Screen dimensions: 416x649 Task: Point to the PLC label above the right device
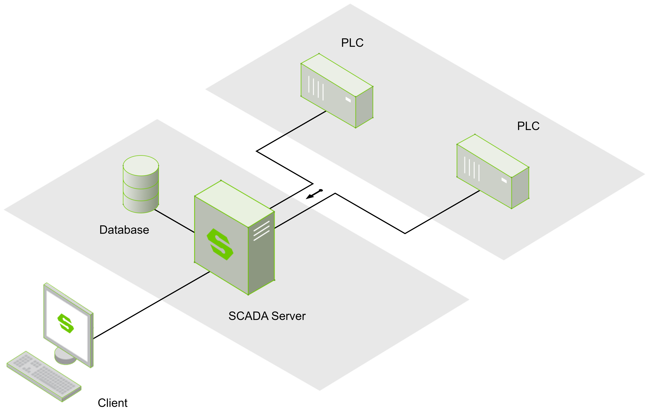coord(528,126)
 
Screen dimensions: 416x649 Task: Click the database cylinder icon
coord(141,184)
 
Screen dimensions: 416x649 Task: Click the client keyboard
coord(44,376)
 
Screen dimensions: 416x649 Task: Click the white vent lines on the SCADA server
coord(261,231)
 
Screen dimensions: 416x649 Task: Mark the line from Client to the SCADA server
coord(151,305)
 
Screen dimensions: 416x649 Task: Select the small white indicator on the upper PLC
coord(348,100)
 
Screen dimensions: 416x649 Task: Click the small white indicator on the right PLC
coord(504,180)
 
